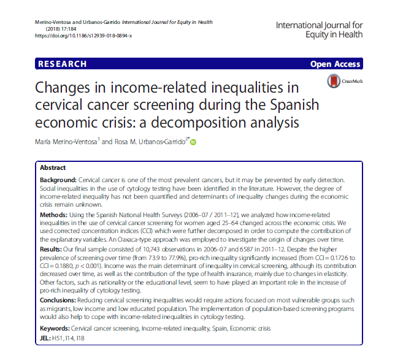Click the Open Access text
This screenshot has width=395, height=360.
point(335,64)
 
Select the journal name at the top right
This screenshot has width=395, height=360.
point(319,29)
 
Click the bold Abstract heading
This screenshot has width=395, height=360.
point(53,167)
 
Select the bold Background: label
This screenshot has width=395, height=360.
point(59,179)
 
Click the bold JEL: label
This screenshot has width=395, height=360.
point(47,340)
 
